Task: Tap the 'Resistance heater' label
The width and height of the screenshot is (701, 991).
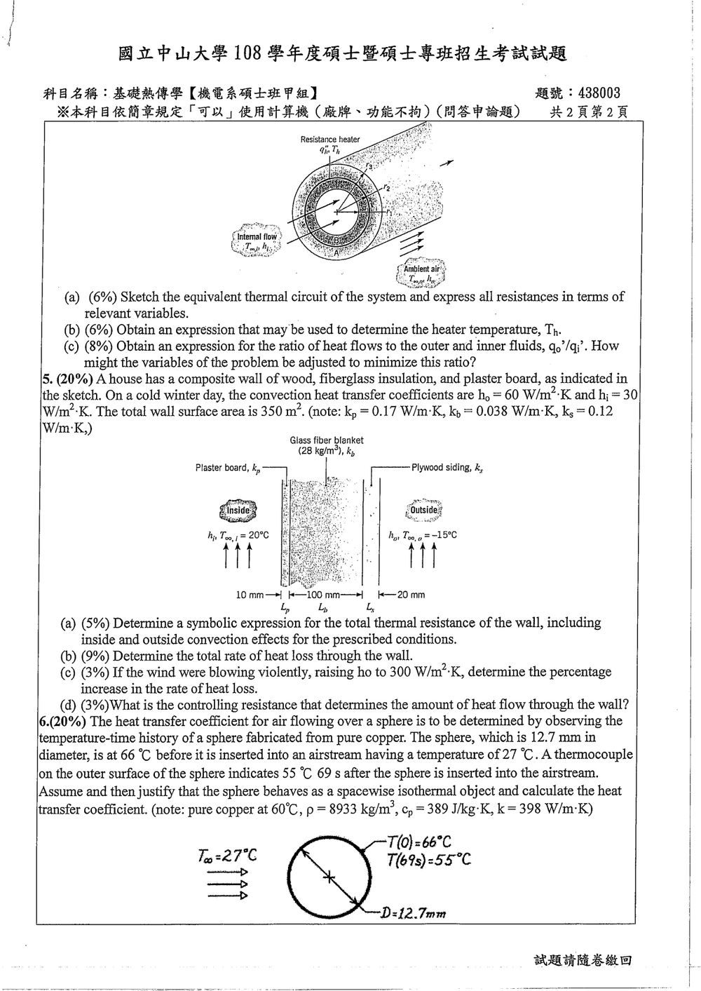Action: point(330,140)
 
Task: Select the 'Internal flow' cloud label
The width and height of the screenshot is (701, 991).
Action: point(257,236)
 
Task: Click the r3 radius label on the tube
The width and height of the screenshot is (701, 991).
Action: point(369,166)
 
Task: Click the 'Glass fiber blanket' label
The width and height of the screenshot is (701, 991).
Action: point(327,440)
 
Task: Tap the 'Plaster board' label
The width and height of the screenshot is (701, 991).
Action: point(228,468)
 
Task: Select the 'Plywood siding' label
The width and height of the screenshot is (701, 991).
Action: point(447,468)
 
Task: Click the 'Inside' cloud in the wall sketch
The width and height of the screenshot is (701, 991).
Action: point(238,510)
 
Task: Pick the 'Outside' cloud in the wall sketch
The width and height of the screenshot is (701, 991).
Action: point(423,510)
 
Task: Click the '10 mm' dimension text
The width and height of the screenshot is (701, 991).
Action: point(250,595)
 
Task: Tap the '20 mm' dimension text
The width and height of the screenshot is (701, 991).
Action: point(411,595)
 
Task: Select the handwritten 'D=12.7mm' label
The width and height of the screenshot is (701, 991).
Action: point(414,912)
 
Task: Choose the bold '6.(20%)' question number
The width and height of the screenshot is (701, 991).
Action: point(62,722)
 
